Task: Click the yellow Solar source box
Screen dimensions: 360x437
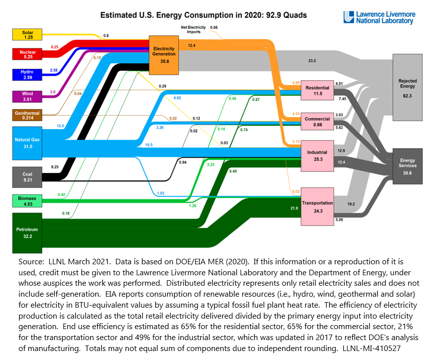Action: (x=27, y=34)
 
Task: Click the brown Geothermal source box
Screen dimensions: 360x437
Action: (x=27, y=115)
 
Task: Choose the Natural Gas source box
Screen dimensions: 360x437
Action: (x=27, y=143)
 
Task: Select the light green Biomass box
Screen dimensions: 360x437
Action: (x=27, y=201)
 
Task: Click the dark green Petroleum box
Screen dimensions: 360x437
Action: (x=27, y=232)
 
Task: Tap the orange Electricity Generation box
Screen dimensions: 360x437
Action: (x=164, y=51)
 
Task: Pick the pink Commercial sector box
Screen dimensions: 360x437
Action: (x=317, y=122)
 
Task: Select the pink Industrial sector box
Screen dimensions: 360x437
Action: (x=317, y=156)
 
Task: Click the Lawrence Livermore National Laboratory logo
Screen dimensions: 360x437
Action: (x=379, y=17)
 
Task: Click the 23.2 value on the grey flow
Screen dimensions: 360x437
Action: (x=312, y=60)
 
